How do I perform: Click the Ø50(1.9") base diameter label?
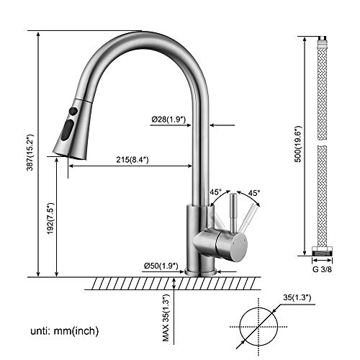pos(160,266)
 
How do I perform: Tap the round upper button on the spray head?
pos(72,112)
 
